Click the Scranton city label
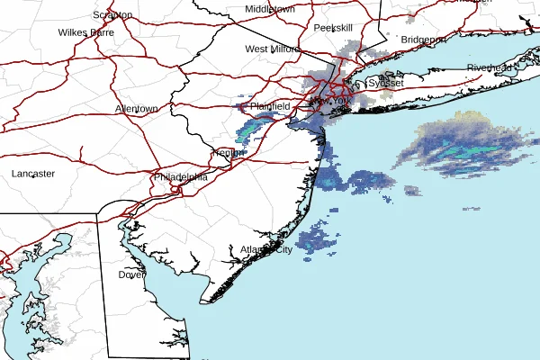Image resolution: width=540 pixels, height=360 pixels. (113, 15)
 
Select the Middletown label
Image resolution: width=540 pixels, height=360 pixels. (270, 9)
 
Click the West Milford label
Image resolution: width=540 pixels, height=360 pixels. (271, 49)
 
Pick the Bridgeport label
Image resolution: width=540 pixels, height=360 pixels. (423, 40)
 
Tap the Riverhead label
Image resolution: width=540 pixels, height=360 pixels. (489, 68)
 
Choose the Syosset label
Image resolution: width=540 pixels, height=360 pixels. (386, 82)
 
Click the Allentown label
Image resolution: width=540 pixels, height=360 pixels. (137, 109)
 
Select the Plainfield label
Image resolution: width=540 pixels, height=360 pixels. (270, 106)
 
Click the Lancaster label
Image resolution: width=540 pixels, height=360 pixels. (33, 173)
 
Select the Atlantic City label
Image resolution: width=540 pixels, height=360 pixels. (266, 249)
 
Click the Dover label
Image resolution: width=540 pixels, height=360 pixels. (131, 274)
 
